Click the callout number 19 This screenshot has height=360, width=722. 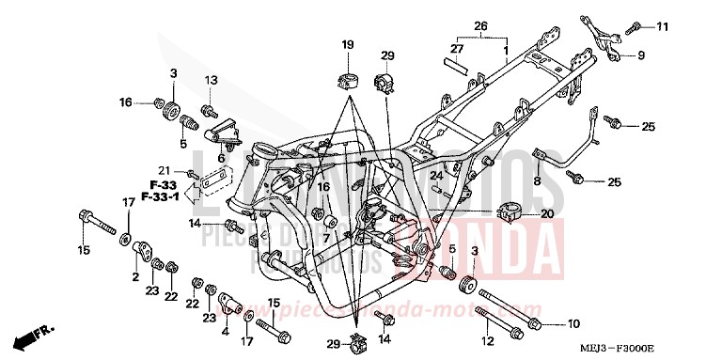(x=347, y=44)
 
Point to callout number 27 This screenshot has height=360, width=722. (x=457, y=47)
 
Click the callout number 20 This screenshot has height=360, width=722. (x=548, y=214)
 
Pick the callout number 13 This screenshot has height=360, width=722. (x=211, y=80)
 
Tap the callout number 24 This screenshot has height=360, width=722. (x=435, y=175)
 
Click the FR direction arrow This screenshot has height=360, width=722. (x=34, y=334)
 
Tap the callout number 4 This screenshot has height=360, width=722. (x=226, y=332)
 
